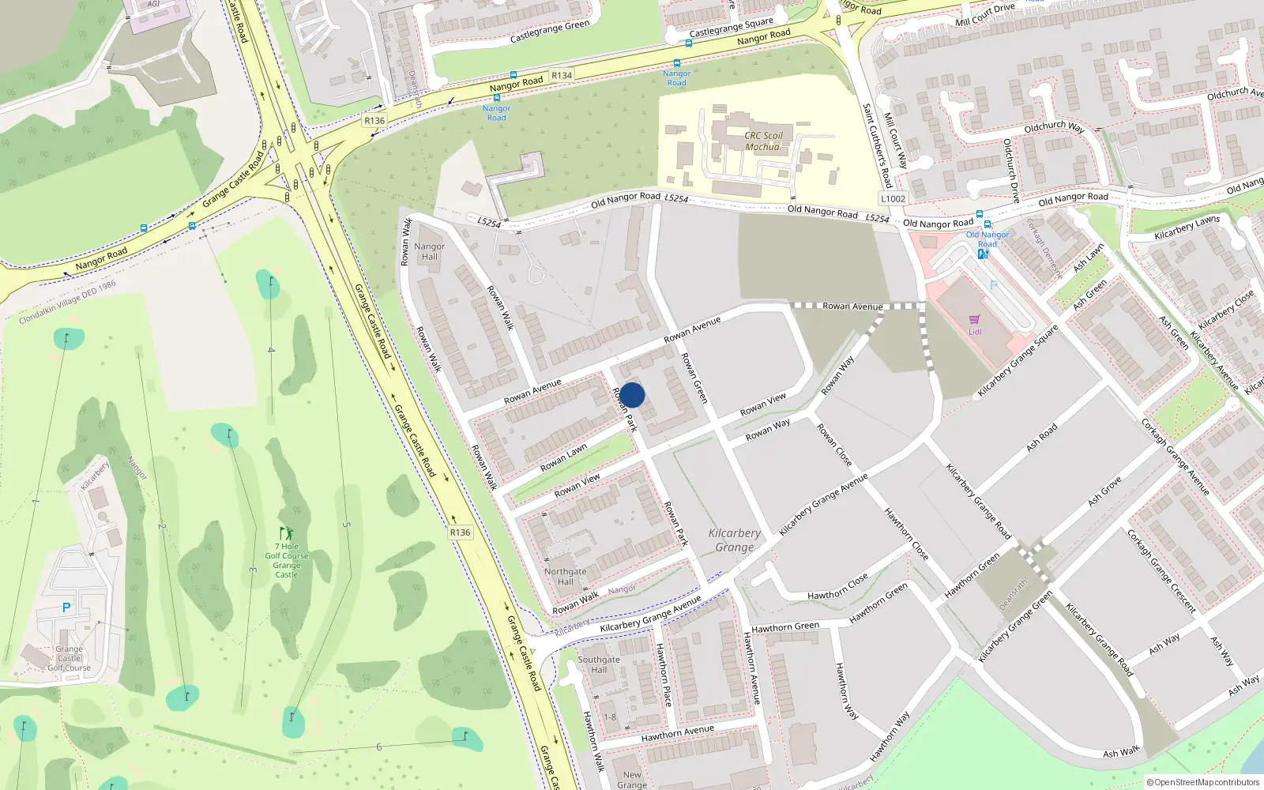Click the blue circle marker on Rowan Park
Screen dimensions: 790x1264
632,395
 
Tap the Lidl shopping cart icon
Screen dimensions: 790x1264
974,320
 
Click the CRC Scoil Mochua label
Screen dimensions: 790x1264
763,141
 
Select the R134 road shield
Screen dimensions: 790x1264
562,76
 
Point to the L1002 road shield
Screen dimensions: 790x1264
893,199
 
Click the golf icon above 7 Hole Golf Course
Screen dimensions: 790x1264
286,533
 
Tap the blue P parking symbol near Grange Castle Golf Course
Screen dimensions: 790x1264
66,608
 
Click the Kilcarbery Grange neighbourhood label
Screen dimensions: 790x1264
735,540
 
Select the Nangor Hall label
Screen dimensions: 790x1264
429,251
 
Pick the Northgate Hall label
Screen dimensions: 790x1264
565,577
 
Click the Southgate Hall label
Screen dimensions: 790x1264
599,664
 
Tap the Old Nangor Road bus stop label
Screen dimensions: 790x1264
987,239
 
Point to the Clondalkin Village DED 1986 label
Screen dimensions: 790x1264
68,302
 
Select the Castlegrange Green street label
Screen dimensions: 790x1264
550,32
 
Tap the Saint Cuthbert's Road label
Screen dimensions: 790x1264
876,145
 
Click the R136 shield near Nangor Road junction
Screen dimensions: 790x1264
374,121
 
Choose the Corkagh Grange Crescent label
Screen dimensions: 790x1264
1161,571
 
